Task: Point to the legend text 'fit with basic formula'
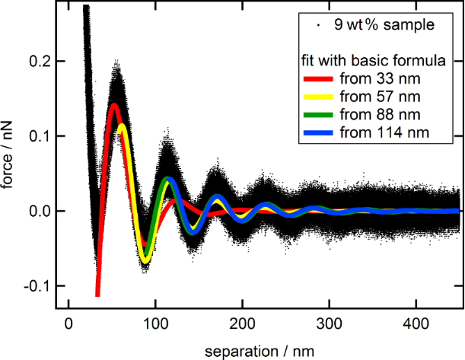[368, 59]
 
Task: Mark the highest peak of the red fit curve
[114, 105]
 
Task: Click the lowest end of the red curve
[97, 295]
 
